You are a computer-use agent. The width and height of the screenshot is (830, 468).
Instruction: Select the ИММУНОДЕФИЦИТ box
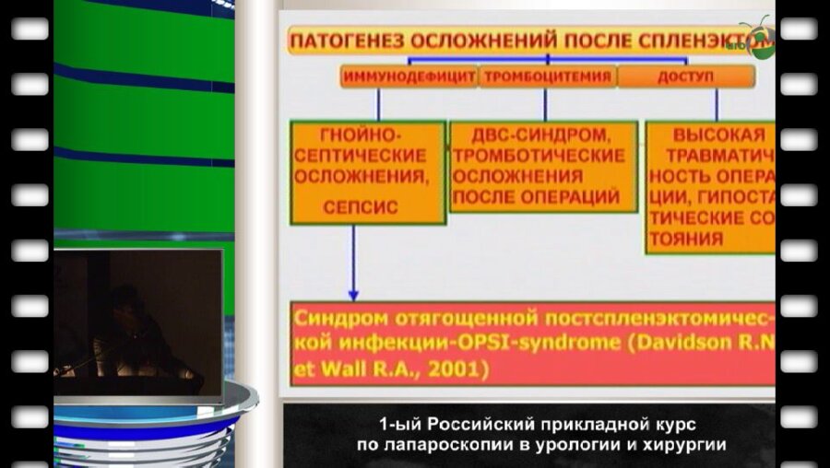coord(409,77)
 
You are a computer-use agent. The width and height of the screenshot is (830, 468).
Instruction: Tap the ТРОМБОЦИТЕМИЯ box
coord(547,77)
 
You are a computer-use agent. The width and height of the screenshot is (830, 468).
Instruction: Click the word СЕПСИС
coord(361,207)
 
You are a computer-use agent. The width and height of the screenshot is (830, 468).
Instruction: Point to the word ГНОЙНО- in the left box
coord(361,135)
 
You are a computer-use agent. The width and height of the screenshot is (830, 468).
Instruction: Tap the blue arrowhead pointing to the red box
coord(352,293)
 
